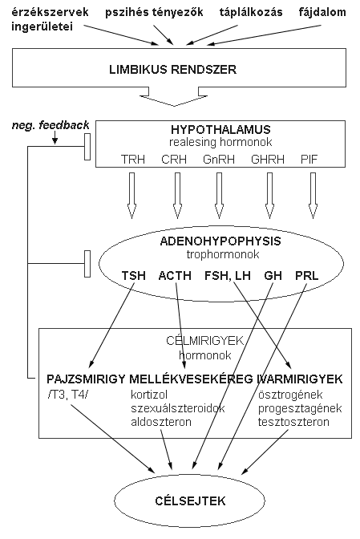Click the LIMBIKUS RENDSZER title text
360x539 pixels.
click(173, 70)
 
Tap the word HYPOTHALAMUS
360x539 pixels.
click(220, 130)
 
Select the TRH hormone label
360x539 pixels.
click(132, 159)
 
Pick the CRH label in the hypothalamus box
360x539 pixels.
click(174, 159)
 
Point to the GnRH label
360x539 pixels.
click(219, 159)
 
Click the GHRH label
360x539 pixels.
click(268, 159)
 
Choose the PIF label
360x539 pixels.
click(309, 159)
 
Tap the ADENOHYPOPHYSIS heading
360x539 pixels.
click(220, 241)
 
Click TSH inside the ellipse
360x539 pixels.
click(133, 276)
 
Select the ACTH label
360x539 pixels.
click(175, 276)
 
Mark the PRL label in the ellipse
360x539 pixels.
click(307, 276)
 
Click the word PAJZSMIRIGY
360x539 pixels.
click(86, 379)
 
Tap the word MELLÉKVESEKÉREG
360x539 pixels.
click(192, 379)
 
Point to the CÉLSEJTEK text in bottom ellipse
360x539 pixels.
click(190, 500)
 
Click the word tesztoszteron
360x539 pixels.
click(293, 422)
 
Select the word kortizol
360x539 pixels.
click(149, 395)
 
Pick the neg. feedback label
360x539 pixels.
click(51, 125)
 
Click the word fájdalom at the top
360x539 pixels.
click(322, 13)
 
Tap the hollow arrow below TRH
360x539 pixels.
click(131, 196)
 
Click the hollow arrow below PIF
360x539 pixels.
click(313, 196)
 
